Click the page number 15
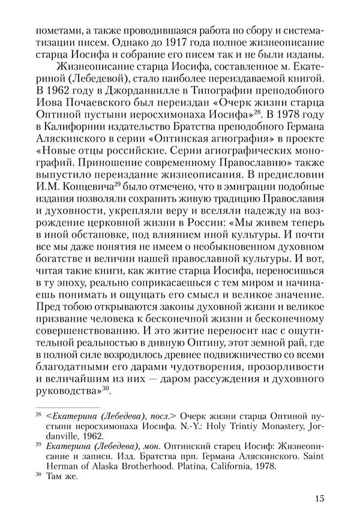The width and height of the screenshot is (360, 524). coord(319,498)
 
